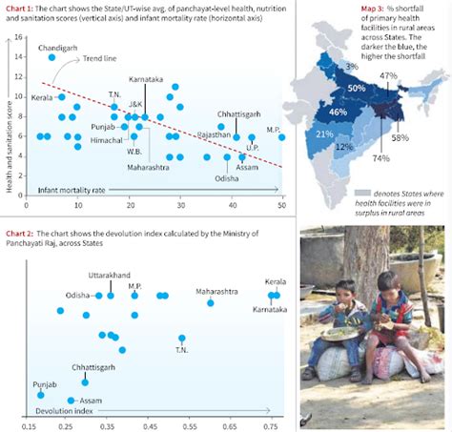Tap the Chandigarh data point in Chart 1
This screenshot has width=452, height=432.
52,57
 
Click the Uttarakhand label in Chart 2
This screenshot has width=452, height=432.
111,276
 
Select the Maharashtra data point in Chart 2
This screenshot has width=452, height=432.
211,303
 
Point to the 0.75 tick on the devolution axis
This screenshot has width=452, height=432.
273,416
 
